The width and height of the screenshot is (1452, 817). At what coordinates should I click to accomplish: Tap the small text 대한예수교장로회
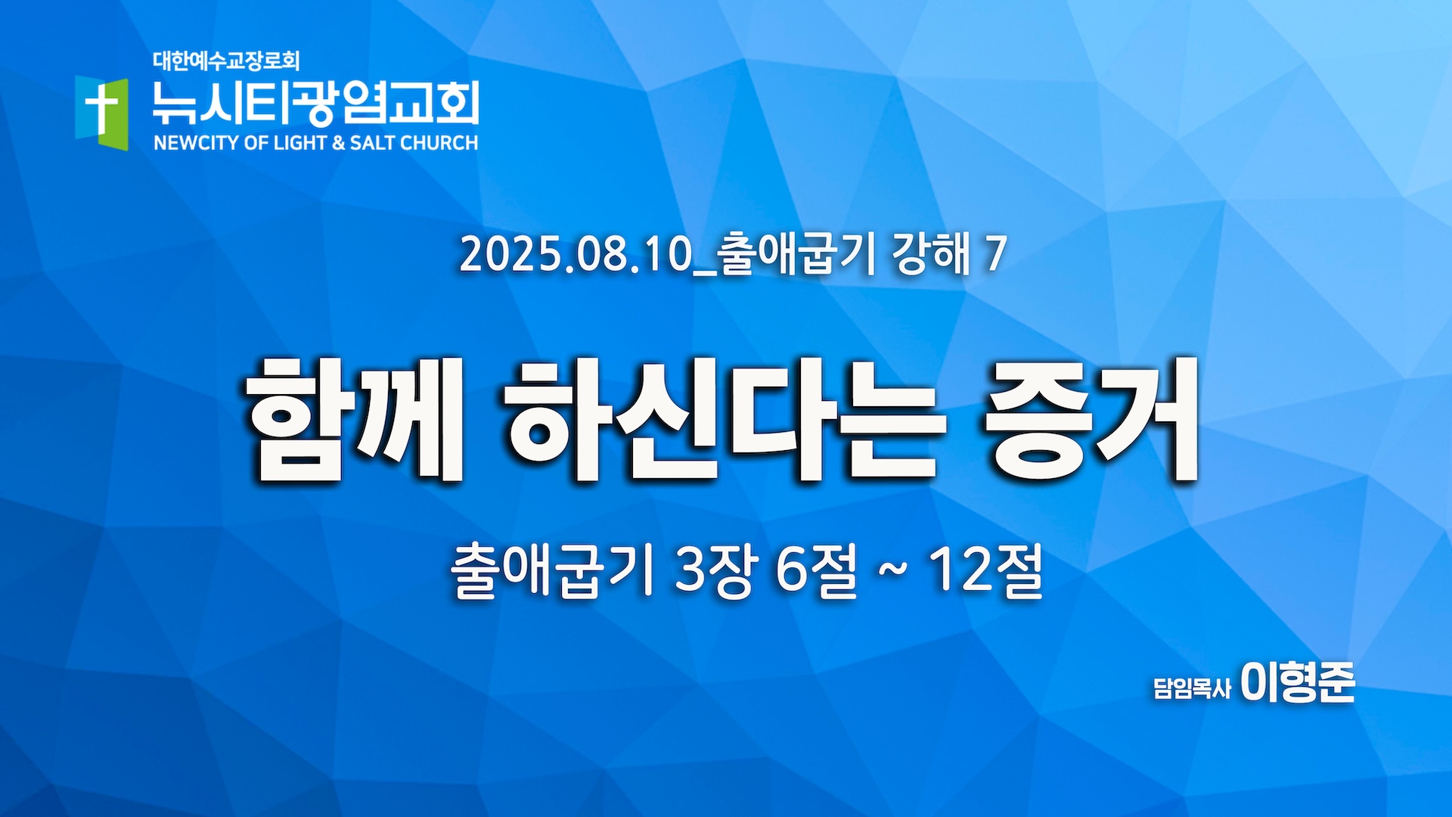click(x=226, y=61)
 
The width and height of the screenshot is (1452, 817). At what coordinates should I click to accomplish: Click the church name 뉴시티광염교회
click(x=315, y=103)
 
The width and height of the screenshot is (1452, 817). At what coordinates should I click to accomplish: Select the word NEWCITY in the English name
click(x=196, y=143)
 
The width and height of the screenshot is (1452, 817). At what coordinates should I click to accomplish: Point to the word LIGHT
click(x=300, y=143)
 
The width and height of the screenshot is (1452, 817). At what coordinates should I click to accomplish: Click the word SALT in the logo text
click(x=372, y=143)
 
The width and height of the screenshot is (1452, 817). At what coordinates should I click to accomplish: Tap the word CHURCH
click(x=439, y=143)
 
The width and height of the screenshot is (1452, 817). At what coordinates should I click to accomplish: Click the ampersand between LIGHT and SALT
click(x=338, y=143)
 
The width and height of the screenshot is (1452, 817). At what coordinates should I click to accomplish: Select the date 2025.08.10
click(x=576, y=254)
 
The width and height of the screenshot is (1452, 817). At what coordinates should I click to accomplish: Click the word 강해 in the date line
click(x=931, y=254)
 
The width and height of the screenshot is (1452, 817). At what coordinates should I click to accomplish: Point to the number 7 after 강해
click(x=995, y=254)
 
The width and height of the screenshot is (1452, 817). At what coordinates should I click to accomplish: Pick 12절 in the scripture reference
click(x=986, y=571)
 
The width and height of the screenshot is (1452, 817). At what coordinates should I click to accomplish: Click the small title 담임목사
click(x=1192, y=688)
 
